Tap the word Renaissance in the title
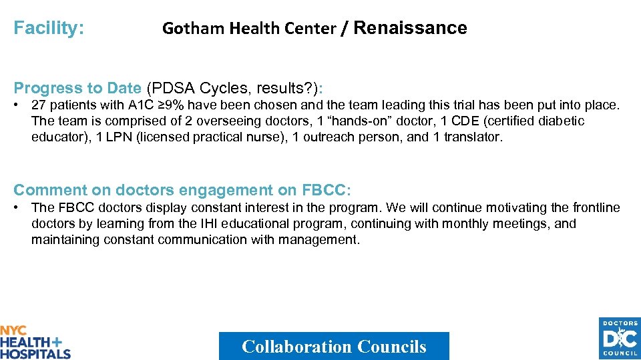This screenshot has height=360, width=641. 410,28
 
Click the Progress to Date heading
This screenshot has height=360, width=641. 77,88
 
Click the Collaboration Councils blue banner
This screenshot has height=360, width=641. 334,347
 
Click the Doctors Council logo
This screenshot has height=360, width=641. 619,339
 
